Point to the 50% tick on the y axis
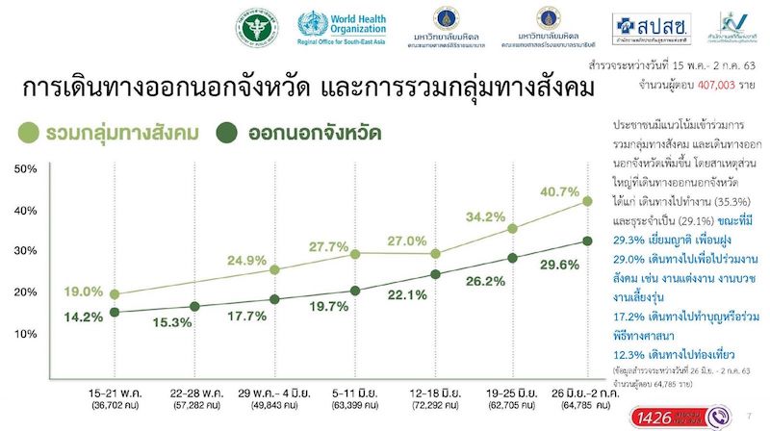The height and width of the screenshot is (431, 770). (26, 169)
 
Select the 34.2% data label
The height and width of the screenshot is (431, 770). (488, 216)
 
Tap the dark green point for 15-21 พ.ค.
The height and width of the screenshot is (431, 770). (115, 312)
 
